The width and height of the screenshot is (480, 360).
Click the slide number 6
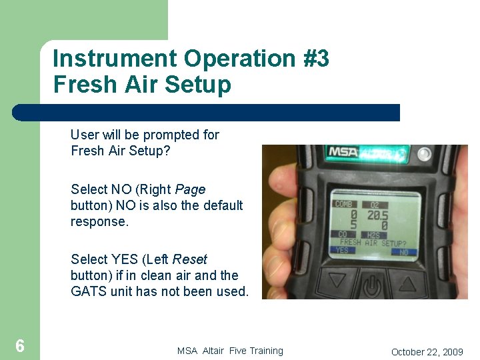20,345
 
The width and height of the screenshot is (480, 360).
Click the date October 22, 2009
427,351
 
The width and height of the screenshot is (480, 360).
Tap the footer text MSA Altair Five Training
230,351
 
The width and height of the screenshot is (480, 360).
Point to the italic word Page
190,189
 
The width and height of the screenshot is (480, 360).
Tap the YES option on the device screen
342,251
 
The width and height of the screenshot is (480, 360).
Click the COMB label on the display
345,204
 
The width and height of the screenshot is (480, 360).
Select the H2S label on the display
373,235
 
